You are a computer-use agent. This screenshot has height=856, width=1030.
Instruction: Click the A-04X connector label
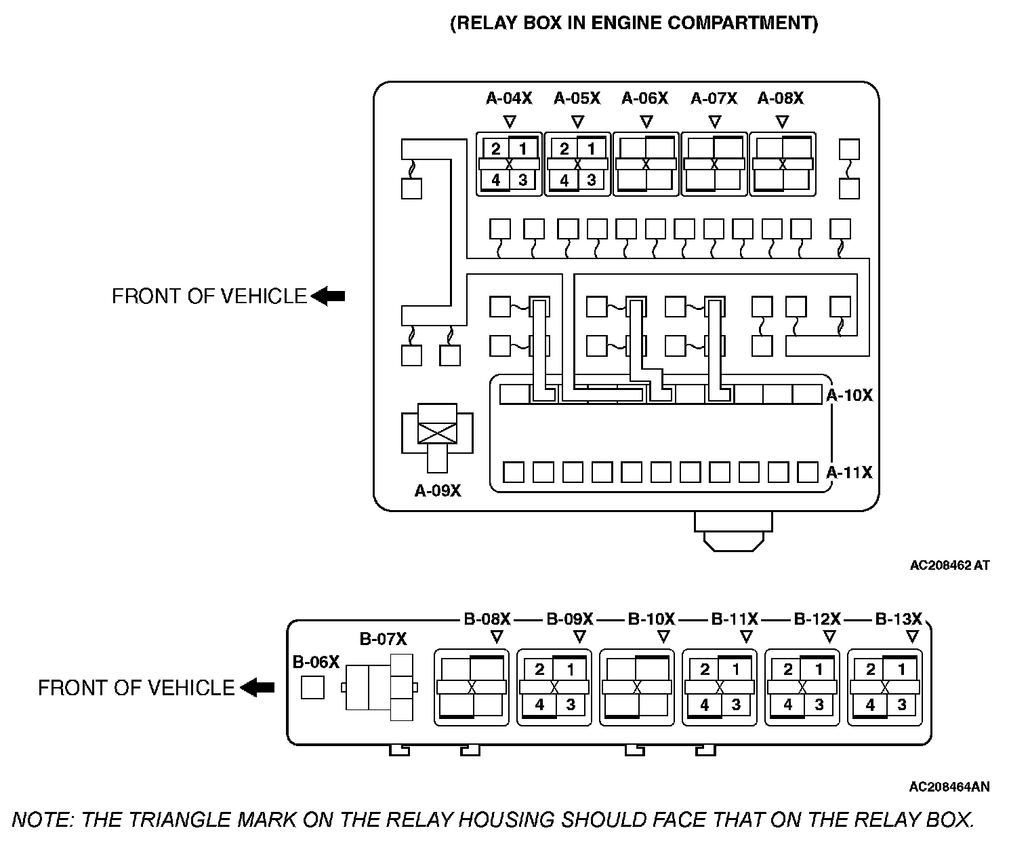[509, 98]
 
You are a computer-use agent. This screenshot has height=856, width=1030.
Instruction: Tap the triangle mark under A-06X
[646, 122]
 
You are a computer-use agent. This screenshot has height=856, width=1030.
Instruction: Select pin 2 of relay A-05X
[564, 149]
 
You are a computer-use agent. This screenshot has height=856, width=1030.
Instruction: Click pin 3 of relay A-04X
[522, 180]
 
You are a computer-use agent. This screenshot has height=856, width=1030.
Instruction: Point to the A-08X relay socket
[782, 164]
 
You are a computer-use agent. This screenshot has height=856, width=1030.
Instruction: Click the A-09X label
[438, 490]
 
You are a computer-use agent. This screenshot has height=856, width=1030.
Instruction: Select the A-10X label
[850, 395]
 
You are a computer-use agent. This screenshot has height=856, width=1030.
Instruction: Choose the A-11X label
[850, 472]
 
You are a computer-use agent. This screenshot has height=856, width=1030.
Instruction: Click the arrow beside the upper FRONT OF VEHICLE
[328, 296]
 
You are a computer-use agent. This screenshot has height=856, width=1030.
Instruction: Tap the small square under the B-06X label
[312, 687]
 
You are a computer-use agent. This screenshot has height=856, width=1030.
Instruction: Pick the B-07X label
[383, 639]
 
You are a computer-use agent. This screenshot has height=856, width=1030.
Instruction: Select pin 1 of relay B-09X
[571, 670]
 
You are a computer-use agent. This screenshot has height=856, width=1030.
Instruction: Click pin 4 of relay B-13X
[870, 705]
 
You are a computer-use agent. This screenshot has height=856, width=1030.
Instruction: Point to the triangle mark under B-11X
[746, 637]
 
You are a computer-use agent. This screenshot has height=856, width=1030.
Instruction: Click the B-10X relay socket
[636, 687]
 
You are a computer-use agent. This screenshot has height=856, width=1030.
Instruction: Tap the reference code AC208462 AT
[949, 564]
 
